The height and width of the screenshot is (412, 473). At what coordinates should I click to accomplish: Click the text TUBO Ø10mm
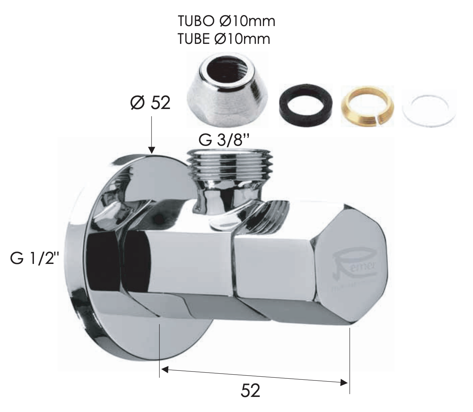click(226, 21)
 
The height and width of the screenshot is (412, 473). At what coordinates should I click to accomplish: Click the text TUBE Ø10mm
click(224, 39)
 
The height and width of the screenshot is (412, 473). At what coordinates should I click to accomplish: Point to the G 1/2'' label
click(33, 259)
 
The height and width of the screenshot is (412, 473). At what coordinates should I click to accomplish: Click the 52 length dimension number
click(251, 390)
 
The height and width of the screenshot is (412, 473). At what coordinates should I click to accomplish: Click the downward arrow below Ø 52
click(151, 137)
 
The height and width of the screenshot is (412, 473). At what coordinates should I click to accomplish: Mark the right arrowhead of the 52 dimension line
click(344, 382)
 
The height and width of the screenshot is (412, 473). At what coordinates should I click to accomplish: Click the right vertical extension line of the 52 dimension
click(349, 360)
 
